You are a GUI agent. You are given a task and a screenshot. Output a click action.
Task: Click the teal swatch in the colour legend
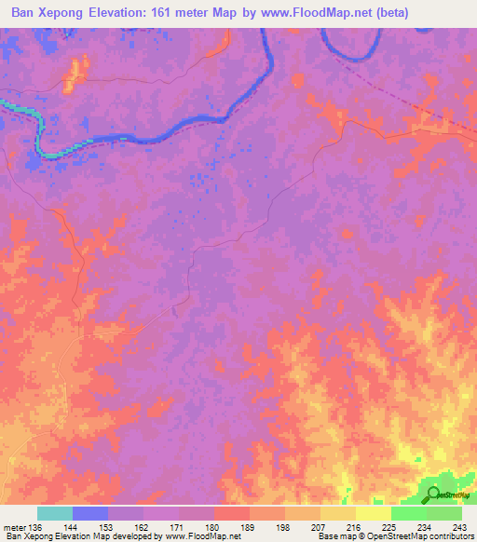pos(55,513)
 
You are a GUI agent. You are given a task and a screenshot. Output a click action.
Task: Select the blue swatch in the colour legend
pos(90,513)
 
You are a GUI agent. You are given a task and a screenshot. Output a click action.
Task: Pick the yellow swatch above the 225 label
pos(373,513)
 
